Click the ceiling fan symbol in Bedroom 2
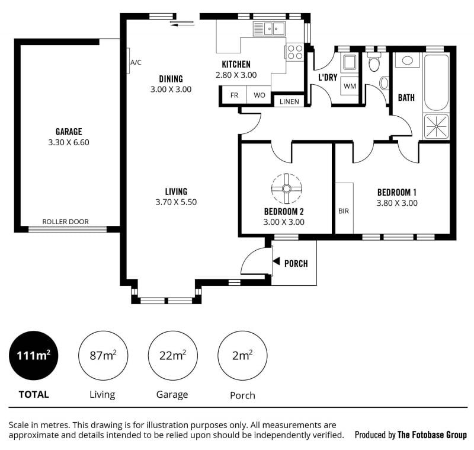tap(286, 189)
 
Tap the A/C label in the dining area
tap(136, 63)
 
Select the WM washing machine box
tap(350, 86)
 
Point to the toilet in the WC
tap(374, 63)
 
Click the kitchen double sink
tap(269, 29)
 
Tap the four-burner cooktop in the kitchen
tap(294, 52)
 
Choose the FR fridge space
tap(234, 95)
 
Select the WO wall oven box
tap(259, 95)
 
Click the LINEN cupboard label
tap(289, 101)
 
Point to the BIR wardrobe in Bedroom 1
tap(344, 208)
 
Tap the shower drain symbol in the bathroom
tap(436, 126)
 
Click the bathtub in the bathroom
tap(436, 82)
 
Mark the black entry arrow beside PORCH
tap(276, 261)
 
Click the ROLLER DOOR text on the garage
tap(65, 222)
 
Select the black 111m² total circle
tap(34, 355)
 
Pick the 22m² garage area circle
tap(172, 355)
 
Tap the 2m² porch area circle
tap(242, 355)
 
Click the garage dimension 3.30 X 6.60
tap(69, 142)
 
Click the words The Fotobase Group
tap(432, 435)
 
